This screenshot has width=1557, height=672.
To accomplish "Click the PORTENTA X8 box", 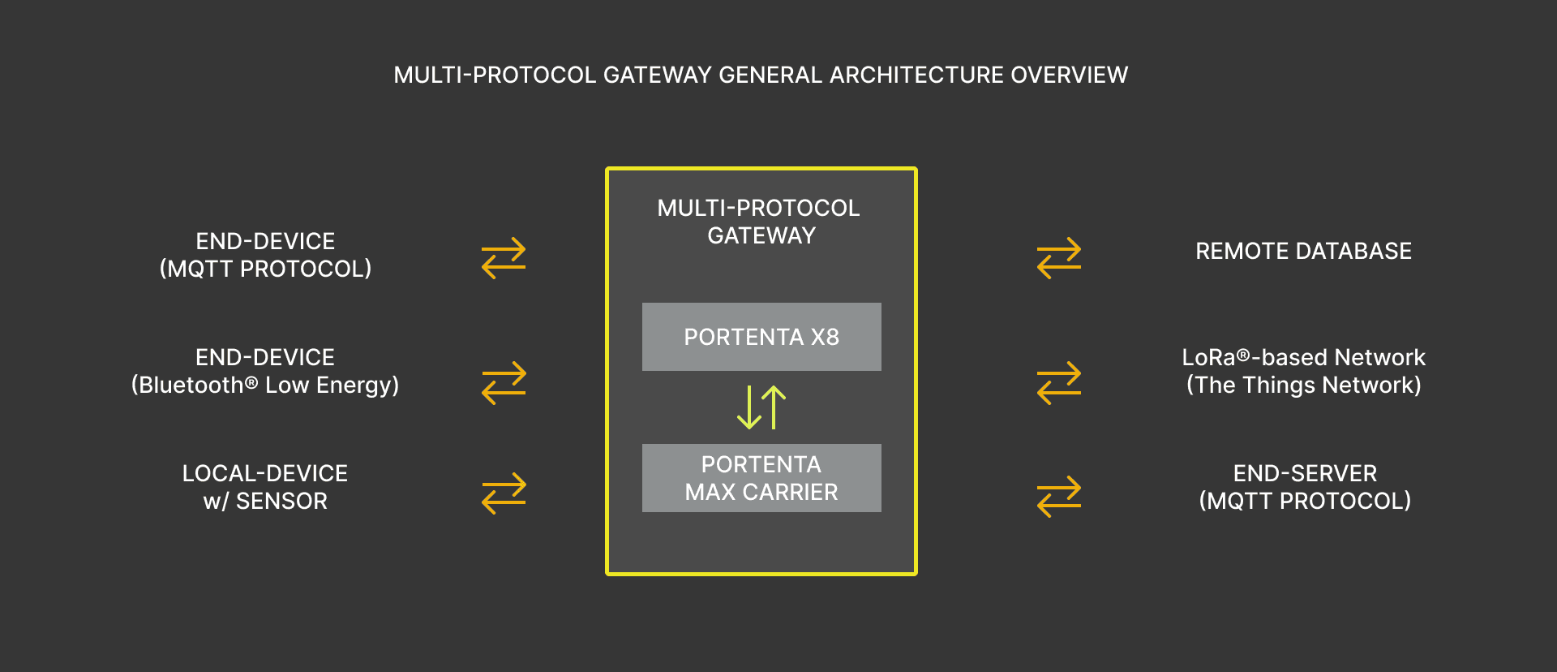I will click(x=761, y=337).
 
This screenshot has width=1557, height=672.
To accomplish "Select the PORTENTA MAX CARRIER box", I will click(x=761, y=478).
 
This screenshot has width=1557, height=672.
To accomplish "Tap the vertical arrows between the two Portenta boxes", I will click(x=761, y=407).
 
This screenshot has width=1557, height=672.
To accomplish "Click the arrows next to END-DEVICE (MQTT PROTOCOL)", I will click(x=504, y=258).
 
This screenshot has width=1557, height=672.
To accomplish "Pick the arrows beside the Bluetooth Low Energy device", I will click(x=504, y=383).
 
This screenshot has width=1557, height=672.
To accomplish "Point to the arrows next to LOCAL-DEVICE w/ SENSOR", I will click(x=504, y=493).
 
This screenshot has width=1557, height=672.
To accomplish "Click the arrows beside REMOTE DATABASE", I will click(x=1059, y=258).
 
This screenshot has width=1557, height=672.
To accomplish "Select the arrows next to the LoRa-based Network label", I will click(x=1059, y=383).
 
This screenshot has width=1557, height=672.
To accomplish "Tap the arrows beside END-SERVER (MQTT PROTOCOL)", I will click(x=1059, y=496).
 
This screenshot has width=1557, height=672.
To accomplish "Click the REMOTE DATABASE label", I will click(x=1303, y=252).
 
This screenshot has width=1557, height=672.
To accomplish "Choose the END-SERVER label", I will click(x=1305, y=473).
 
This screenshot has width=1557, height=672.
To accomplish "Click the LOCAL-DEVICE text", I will click(x=265, y=473).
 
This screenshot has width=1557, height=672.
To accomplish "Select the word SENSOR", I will click(x=281, y=502).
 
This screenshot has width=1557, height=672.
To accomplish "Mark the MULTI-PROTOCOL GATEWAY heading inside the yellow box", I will click(x=760, y=222).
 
